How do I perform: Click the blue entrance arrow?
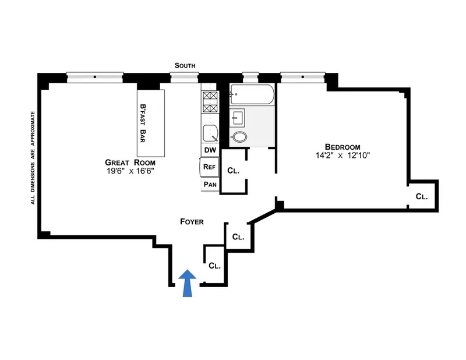coord(186,283)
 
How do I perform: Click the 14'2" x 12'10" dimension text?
coord(342,156)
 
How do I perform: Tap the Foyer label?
coord(191,221)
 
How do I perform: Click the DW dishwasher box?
coord(209,150)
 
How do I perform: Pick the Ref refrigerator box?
coord(209,167)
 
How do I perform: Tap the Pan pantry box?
coord(210,185)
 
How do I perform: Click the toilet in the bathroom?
coord(239,137)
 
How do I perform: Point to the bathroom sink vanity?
coord(238,118)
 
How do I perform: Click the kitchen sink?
coord(210,133)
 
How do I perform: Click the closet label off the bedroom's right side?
coord(422,197)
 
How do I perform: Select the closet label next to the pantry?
coord(233,171)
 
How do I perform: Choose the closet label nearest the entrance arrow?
coord(214,266)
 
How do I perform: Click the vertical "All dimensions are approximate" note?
coord(33,157)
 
